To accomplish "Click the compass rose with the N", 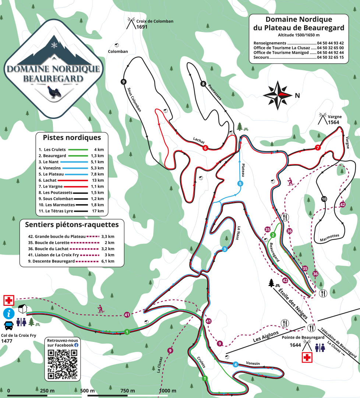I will coord(278,95).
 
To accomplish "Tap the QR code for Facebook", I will coord(63,364).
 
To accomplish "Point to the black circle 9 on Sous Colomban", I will coord(123,81).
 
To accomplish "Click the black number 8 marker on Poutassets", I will coord(203,84).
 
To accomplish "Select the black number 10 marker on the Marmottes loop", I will coord(324,199).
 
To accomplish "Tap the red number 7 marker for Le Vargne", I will coord(318,148).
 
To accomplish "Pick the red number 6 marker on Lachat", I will coord(205,148).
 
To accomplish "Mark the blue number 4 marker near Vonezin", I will coord(236,365).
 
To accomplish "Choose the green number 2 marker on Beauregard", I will coord(273,235).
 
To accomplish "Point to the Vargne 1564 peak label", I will coord(333,122).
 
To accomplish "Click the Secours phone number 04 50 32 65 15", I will coord(330,57).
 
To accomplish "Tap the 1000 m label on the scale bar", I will coord(168,391).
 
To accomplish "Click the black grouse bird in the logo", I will coord(54,92).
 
